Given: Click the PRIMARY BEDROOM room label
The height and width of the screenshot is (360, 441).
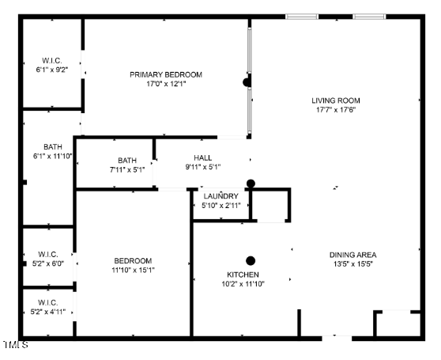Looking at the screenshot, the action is (166, 75).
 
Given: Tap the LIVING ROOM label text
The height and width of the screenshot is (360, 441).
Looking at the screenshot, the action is (336, 100).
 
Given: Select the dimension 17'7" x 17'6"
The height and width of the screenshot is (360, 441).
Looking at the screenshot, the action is (336, 110).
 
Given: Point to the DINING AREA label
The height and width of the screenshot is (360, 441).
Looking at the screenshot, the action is (353, 255).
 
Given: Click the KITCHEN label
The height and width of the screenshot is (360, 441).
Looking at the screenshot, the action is (243, 275).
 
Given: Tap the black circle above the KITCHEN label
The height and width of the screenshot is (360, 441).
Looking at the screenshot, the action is (251, 261).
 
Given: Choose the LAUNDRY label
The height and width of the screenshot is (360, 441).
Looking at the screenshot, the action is (221, 196).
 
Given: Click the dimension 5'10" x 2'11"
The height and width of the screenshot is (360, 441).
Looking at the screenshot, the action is (221, 206).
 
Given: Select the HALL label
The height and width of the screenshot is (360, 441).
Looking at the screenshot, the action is (203, 158).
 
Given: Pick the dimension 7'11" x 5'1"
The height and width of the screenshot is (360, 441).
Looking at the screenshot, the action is (127, 170).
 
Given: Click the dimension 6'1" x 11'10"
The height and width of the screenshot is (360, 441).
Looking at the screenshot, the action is (53, 156).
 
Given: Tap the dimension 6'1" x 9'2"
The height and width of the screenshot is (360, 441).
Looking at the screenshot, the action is (52, 70).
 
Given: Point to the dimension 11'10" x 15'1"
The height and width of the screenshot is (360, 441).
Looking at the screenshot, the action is (134, 270).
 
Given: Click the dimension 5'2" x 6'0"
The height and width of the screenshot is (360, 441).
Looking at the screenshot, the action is (48, 263).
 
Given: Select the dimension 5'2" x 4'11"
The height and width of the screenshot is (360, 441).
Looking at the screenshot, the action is (48, 312).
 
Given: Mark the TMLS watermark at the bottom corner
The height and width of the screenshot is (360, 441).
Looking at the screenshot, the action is (16, 344).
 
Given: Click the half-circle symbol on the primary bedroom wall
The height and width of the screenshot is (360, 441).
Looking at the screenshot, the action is (247, 82).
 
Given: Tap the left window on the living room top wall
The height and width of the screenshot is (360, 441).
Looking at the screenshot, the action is (302, 17).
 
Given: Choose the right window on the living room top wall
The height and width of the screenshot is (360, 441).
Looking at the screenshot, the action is (369, 17).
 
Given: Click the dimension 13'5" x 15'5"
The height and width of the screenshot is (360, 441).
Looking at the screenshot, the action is (353, 264).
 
